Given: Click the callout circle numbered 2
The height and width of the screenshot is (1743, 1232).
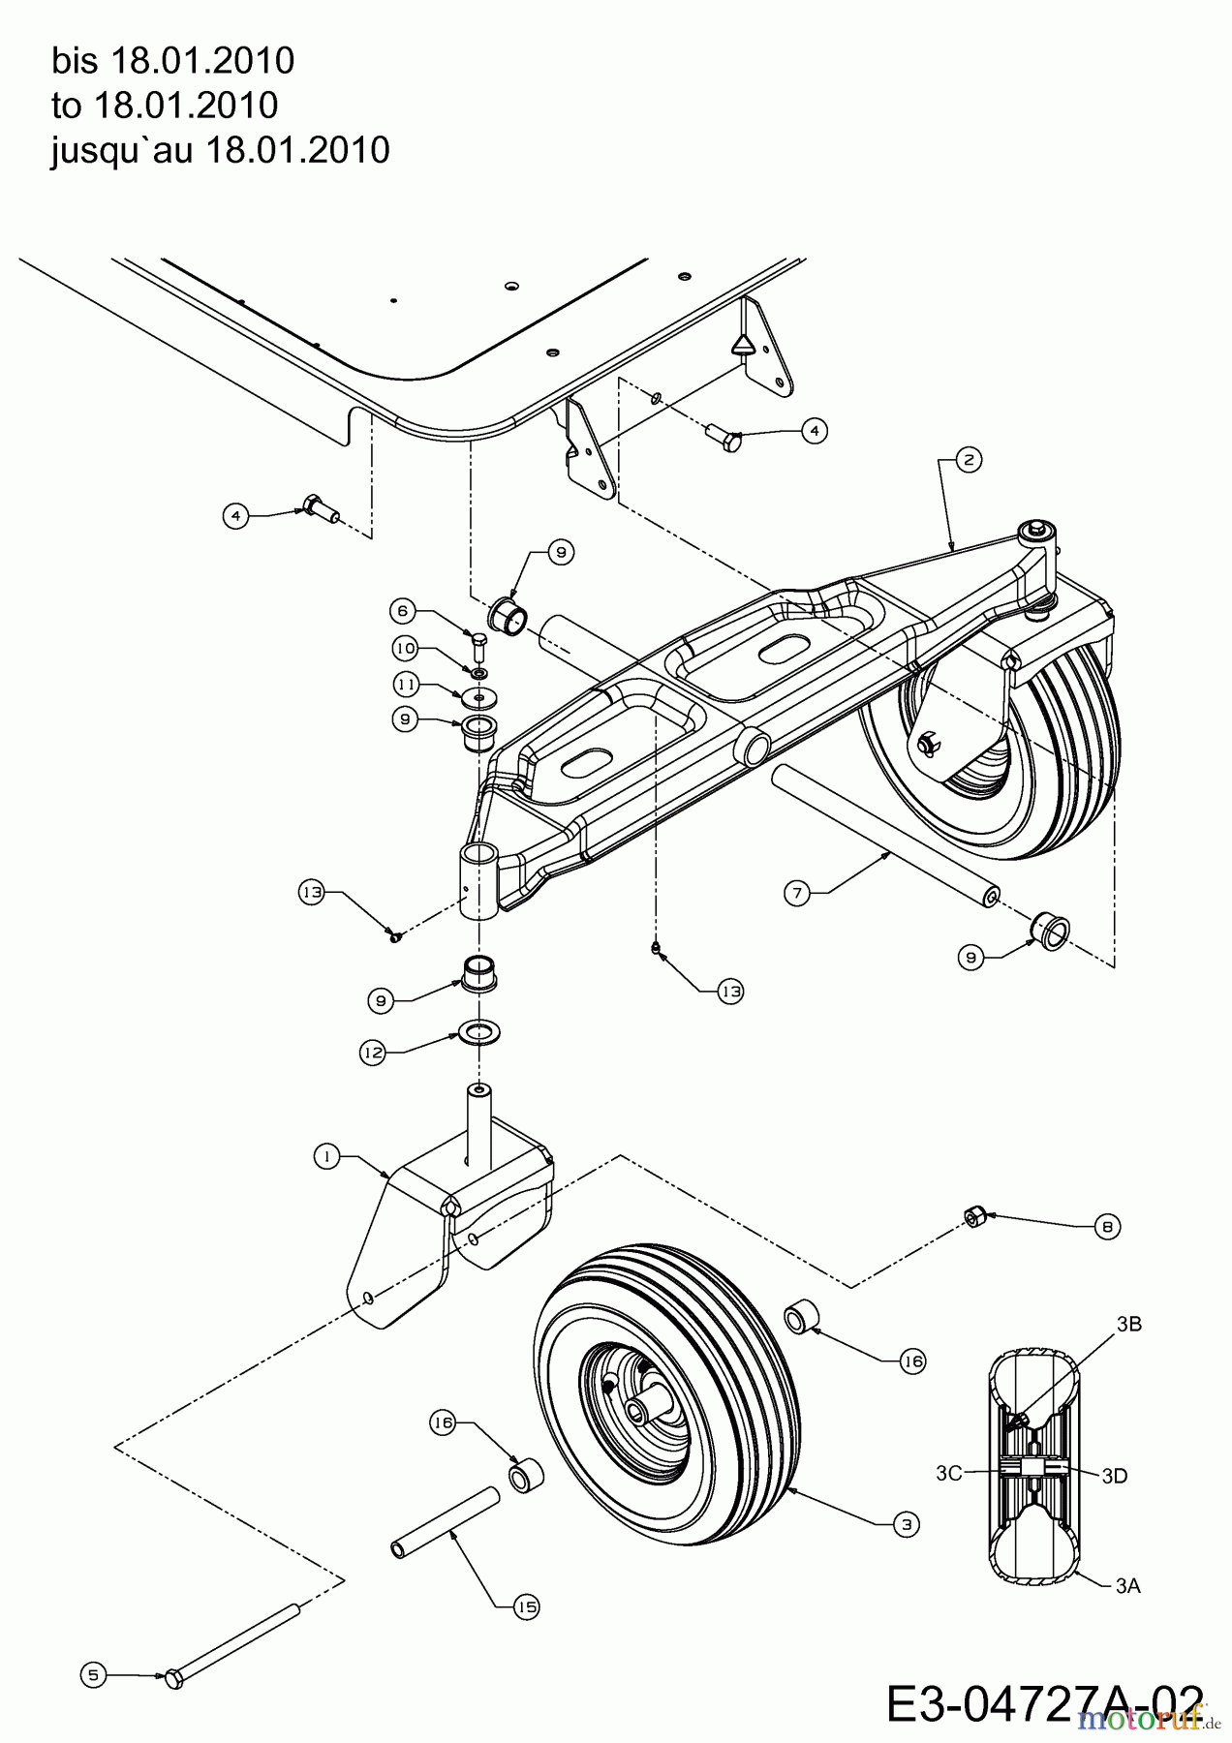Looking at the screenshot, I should tap(968, 460).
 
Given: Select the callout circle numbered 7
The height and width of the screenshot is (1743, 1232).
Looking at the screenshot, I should tap(796, 893).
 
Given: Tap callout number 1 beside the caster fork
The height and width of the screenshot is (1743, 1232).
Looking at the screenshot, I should tap(327, 1156).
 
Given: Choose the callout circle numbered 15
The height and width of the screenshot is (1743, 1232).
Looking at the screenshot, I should tap(526, 1606).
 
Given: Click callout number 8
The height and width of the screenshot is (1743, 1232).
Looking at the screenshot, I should tap(1108, 1226).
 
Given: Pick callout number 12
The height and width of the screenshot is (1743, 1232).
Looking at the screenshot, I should tap(374, 1053).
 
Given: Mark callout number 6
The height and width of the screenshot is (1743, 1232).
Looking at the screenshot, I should tap(403, 610).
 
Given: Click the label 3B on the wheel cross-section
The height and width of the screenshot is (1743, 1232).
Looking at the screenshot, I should tap(1127, 1325).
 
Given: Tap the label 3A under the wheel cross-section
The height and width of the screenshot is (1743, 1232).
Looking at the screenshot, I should tap(1126, 1585).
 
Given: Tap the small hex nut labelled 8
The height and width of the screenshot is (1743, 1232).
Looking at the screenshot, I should tap(975, 1216).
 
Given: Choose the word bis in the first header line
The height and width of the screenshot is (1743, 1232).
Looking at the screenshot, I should tap(76, 61).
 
